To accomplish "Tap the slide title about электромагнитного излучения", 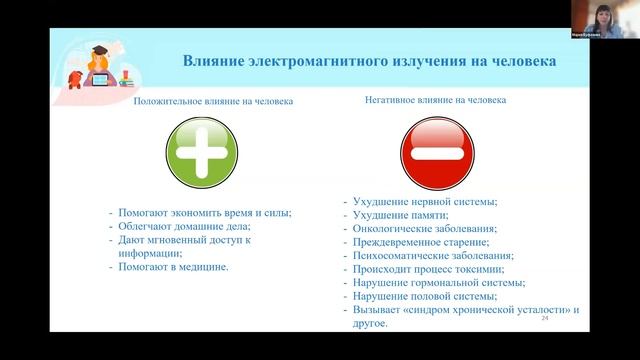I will [x=369, y=61].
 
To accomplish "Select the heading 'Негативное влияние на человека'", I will [x=435, y=100].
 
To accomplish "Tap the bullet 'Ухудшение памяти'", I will [x=400, y=215].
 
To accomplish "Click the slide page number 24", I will [x=545, y=318].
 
